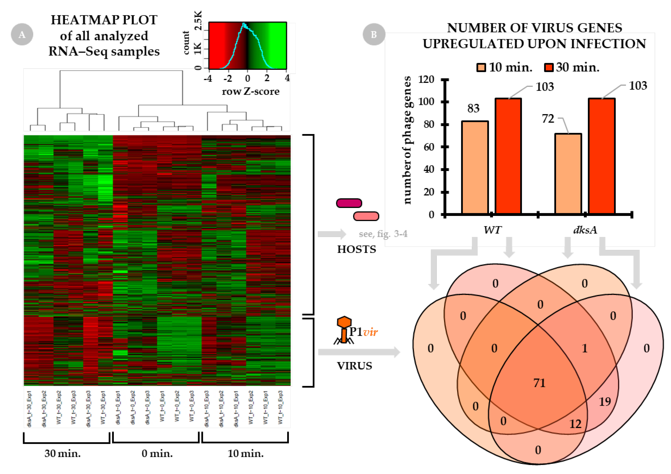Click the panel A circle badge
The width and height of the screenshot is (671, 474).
(x=22, y=34)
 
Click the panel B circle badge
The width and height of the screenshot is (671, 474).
(x=374, y=34)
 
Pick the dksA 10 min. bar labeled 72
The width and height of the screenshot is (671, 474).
(x=568, y=174)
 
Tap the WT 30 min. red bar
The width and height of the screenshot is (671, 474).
(x=508, y=156)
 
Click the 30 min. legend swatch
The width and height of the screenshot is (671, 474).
(x=548, y=67)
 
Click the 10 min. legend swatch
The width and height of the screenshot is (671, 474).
(x=481, y=67)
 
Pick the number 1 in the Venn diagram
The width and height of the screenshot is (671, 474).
(x=584, y=348)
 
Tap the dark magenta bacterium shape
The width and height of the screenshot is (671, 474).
(x=349, y=203)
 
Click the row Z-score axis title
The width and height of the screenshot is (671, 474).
(x=250, y=91)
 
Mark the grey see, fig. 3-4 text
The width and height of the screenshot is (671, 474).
(x=383, y=234)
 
